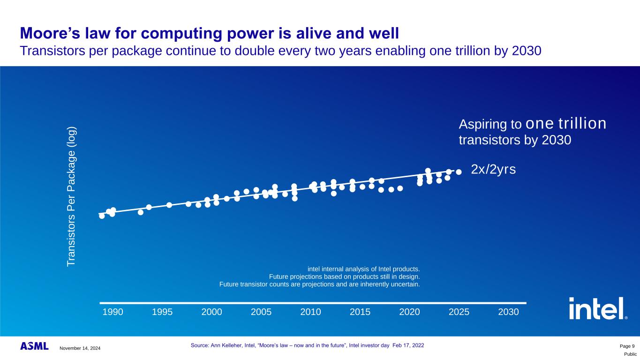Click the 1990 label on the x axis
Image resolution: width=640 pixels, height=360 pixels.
click(x=113, y=312)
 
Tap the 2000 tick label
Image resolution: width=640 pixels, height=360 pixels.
click(x=211, y=312)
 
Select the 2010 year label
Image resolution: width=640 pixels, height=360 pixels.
click(x=310, y=312)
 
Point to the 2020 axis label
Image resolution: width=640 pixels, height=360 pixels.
click(x=409, y=312)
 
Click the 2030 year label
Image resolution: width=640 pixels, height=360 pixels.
click(x=508, y=312)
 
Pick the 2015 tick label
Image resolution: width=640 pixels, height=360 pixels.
click(x=360, y=312)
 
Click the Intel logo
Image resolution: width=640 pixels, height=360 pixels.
click(x=597, y=308)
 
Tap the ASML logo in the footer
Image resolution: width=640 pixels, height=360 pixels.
click(x=34, y=346)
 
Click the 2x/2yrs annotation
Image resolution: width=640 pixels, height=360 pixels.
click(x=493, y=170)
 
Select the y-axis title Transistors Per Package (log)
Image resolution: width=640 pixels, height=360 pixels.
click(x=71, y=197)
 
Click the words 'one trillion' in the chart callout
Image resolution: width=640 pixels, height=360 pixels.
click(x=566, y=123)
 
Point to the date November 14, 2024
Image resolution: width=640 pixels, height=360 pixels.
click(x=80, y=348)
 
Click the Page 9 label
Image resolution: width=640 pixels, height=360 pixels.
click(x=626, y=346)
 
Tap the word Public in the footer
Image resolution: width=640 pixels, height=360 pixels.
click(x=630, y=355)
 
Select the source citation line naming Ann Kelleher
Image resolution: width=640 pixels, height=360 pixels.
click(x=307, y=345)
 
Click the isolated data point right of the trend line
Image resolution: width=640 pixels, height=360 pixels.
click(x=459, y=172)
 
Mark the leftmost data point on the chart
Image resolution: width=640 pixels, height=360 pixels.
click(x=102, y=216)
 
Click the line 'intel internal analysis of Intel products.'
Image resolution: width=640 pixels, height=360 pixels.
click(x=363, y=269)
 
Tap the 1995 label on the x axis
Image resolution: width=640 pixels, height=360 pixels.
click(x=162, y=312)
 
